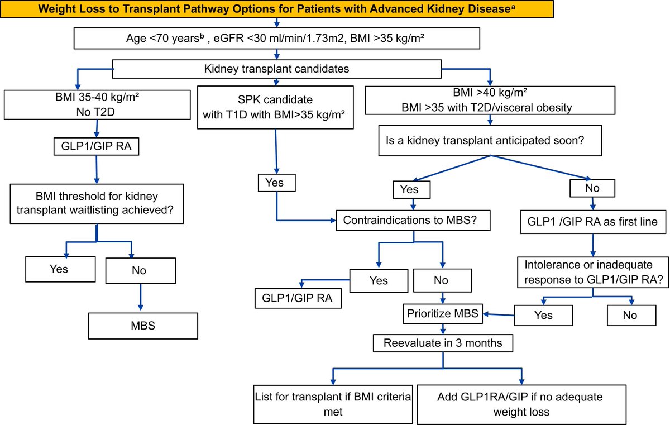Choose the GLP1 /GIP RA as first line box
point(592,221)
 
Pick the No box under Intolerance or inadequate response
point(630,315)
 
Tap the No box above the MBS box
point(139,270)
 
